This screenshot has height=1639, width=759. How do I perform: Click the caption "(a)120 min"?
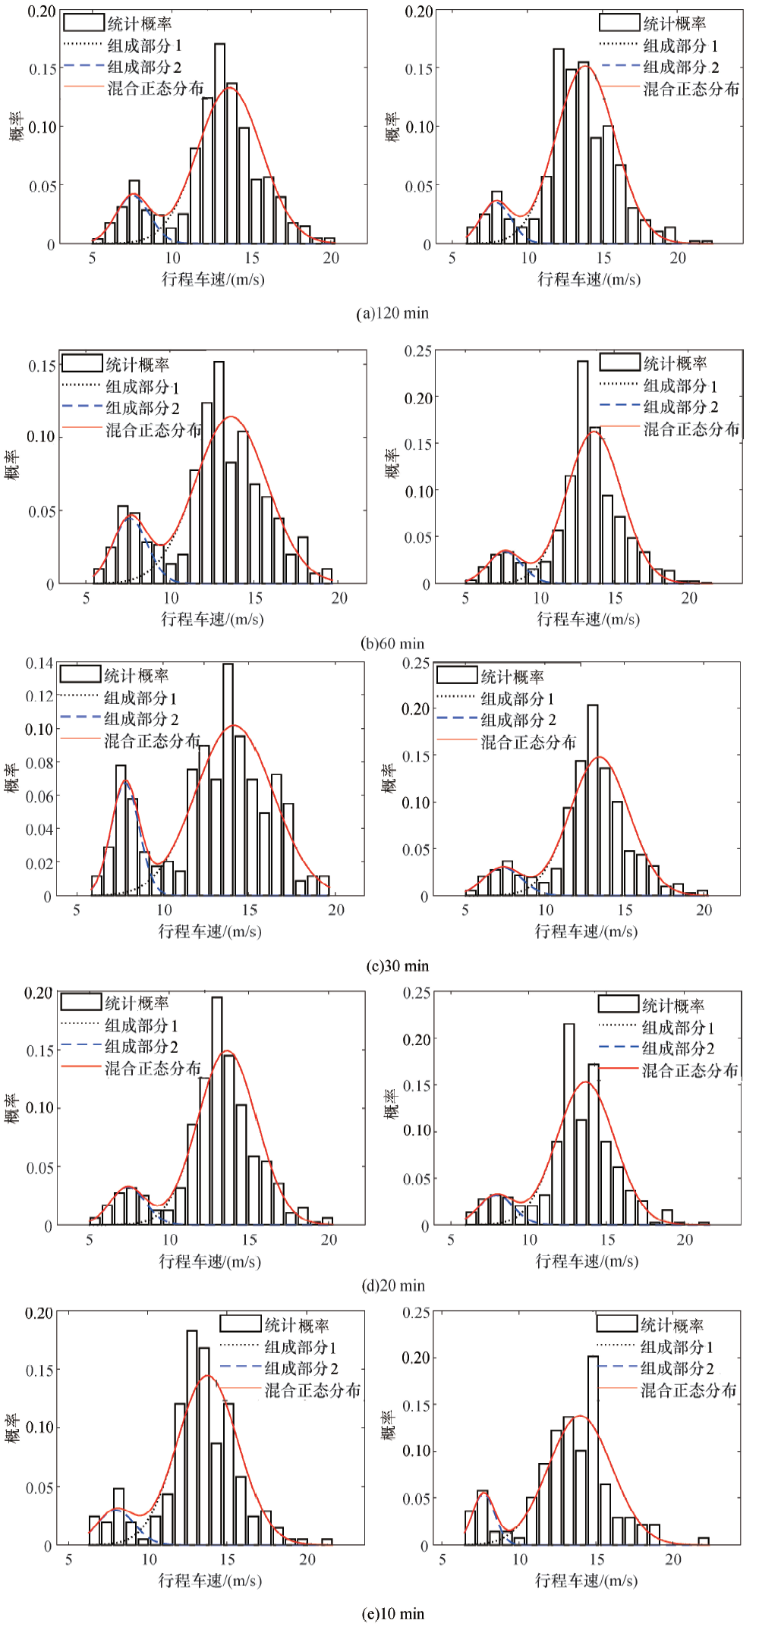[392, 313]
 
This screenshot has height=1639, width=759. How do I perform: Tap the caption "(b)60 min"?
[392, 643]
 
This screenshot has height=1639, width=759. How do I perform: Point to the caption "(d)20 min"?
[393, 1285]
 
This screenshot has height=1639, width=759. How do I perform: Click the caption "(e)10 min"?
[392, 1613]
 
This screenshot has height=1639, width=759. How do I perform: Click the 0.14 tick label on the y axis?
[39, 664]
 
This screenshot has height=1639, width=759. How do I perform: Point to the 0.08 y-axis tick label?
[39, 763]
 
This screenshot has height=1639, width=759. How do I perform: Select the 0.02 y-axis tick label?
[39, 863]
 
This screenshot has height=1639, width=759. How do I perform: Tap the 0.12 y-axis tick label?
[39, 696]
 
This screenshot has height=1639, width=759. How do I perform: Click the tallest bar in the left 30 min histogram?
[228, 781]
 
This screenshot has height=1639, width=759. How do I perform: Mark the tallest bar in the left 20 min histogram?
[217, 1110]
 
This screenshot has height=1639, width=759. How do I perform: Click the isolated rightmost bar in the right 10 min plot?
[704, 1540]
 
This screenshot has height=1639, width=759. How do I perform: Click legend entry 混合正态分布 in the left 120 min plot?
[156, 89]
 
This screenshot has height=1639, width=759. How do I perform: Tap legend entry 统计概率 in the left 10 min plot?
[297, 1325]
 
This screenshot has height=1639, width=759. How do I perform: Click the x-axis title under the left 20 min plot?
[209, 1261]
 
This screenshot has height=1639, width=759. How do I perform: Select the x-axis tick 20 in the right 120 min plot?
[678, 258]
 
